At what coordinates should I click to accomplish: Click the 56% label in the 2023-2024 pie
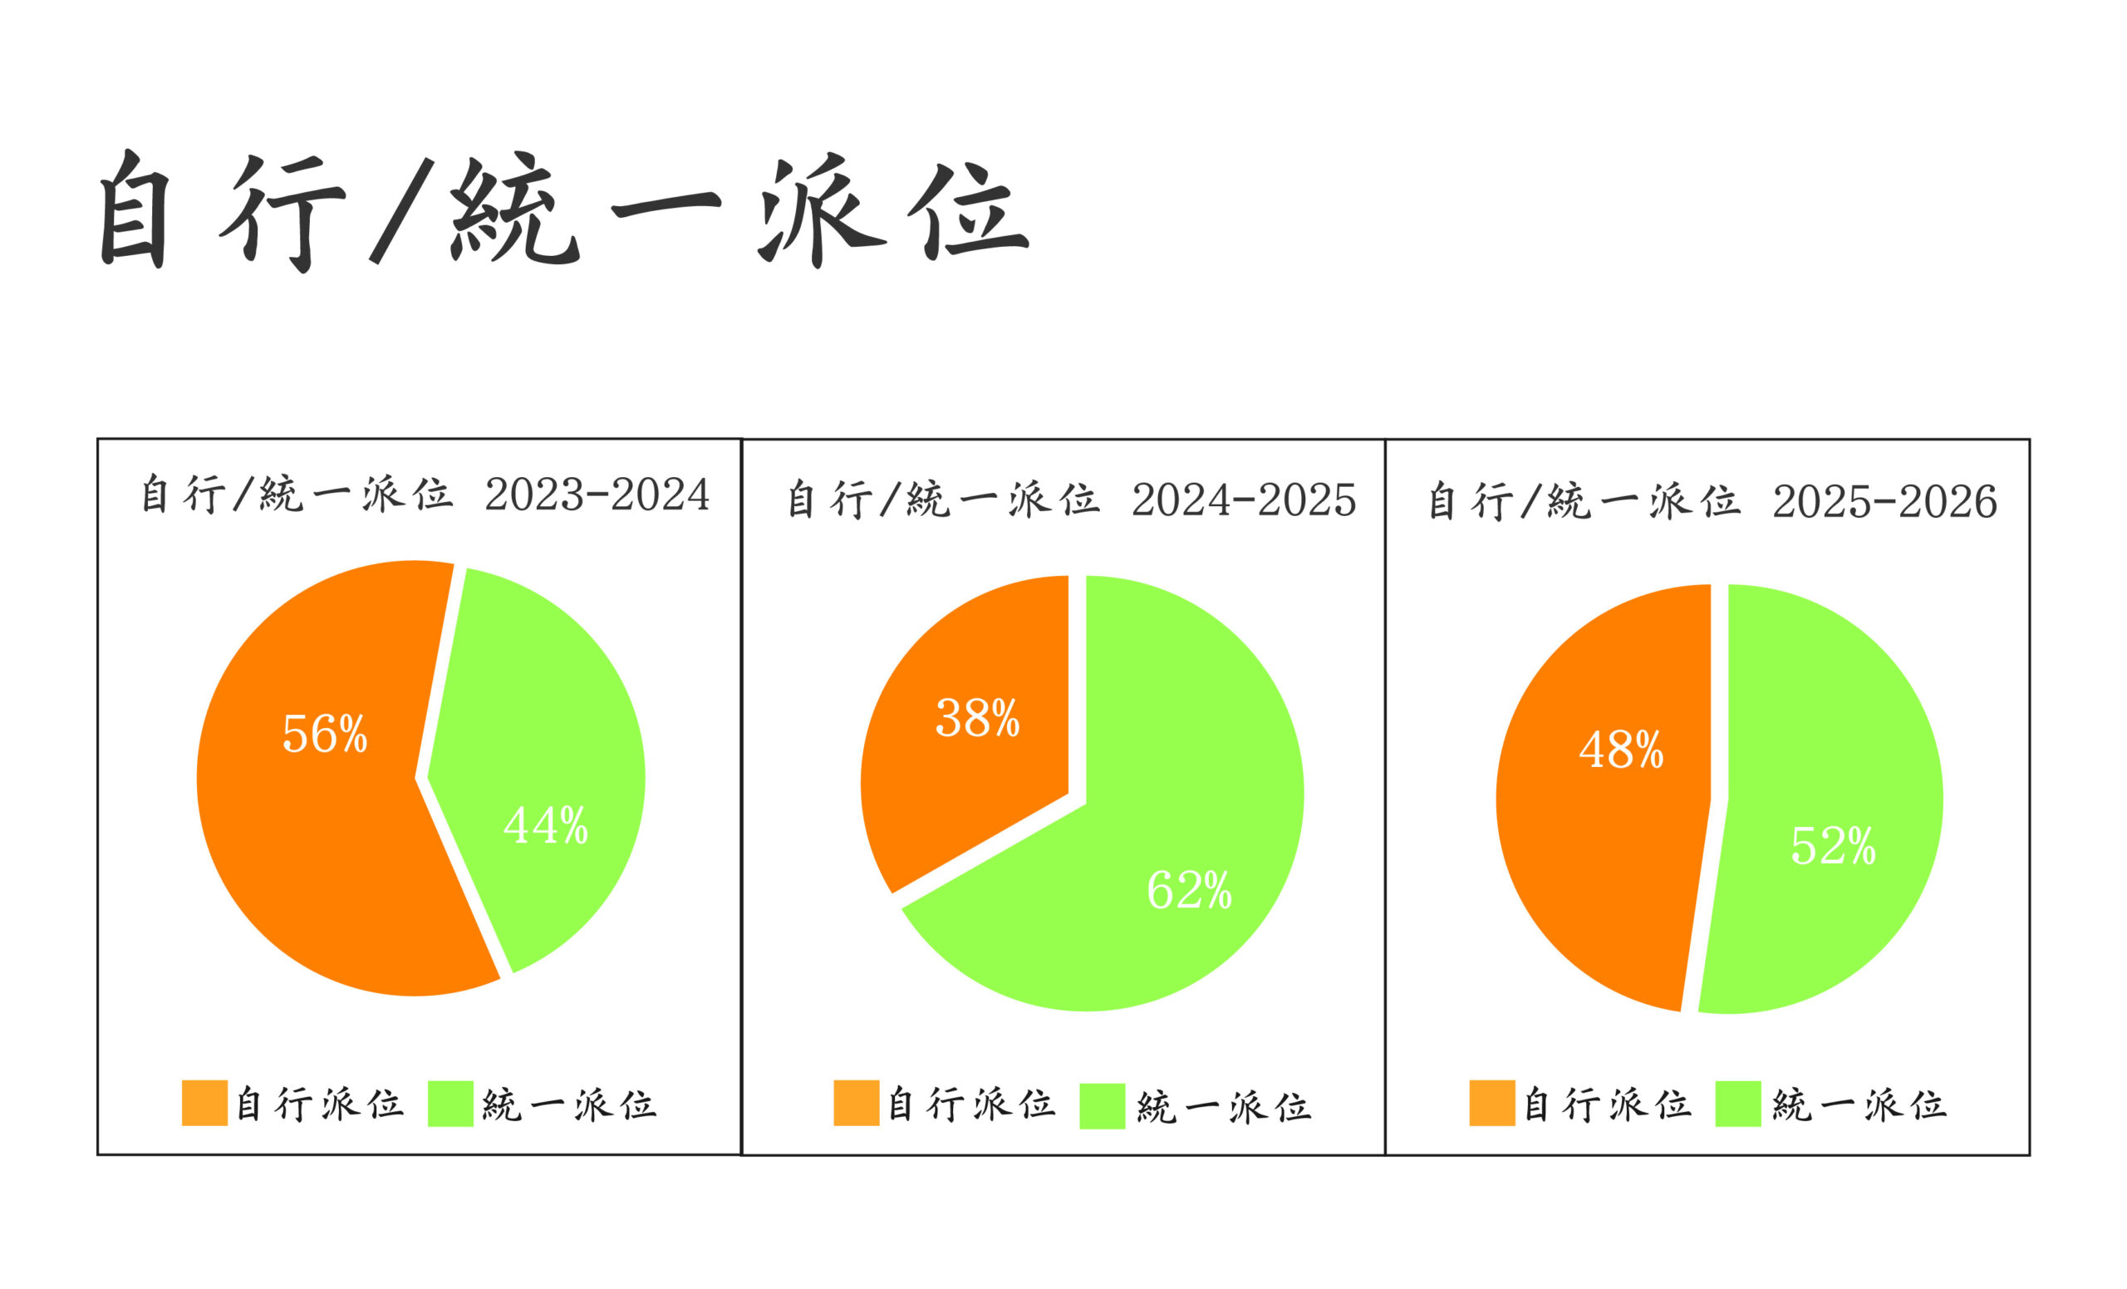pos(325,735)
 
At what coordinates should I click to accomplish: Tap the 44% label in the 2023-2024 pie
pos(546,825)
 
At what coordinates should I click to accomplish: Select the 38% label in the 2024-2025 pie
pos(977,718)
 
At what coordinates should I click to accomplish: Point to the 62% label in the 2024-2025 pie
pos(1189,890)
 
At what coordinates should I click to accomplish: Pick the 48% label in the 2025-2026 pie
pos(1621,750)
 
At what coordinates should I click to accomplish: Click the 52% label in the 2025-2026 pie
pos(1834,846)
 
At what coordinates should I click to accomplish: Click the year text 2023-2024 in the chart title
pos(597,495)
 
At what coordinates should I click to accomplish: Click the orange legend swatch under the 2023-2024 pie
pos(204,1104)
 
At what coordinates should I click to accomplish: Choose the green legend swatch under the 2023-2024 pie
pos(450,1105)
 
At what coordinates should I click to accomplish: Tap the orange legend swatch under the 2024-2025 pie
pos(857,1104)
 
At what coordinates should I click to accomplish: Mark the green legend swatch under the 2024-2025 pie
pos(1103,1106)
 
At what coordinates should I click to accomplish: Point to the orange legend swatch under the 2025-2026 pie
pos(1492,1104)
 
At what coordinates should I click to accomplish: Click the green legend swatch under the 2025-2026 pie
pos(1738,1105)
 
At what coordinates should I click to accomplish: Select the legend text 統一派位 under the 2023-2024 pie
pos(569,1105)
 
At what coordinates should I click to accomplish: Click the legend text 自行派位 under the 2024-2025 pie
pos(971,1105)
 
